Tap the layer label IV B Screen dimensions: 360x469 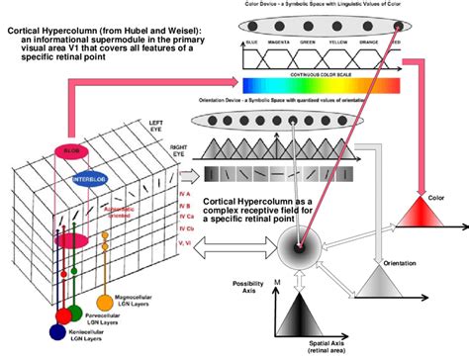(183, 209)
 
